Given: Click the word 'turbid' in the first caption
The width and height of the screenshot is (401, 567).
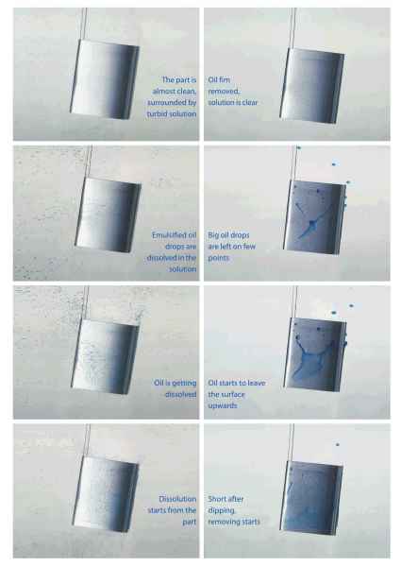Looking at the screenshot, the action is coord(156,114).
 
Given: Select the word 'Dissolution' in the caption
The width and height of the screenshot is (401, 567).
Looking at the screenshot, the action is coord(177,499).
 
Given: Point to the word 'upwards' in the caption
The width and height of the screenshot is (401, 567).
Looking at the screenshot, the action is coord(223,405).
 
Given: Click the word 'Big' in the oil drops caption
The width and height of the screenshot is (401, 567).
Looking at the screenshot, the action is coord(213,235).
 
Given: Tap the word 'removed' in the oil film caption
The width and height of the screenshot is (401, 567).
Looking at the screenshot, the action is coord(224,92).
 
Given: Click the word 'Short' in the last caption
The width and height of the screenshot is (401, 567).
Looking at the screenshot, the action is coord(216,499).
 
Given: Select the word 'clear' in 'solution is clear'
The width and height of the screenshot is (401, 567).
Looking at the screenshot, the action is coord(249,103).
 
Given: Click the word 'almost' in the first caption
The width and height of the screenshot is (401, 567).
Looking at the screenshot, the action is coord(163,91).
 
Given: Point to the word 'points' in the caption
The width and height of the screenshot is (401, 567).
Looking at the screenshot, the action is coord(218,258).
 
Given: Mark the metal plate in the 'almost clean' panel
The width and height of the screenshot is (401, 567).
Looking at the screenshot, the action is coord(105,79).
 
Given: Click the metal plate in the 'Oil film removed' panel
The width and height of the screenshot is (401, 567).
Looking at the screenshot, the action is coord(312,86).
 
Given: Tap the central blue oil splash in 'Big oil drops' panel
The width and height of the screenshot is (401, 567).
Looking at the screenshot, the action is coord(309,226).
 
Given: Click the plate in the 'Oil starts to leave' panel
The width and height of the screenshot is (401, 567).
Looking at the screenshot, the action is coord(315,354).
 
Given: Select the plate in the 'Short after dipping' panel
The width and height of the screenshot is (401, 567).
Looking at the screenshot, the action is coord(311,498).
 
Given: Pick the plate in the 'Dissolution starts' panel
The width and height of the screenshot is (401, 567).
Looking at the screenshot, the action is coord(106,494).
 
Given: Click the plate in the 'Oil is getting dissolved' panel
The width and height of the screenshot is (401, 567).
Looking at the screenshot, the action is coord(106,356).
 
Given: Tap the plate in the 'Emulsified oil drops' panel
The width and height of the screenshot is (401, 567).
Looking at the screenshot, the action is coord(108,215).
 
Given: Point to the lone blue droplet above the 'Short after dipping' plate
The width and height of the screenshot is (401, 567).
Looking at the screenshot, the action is coord(338,444).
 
